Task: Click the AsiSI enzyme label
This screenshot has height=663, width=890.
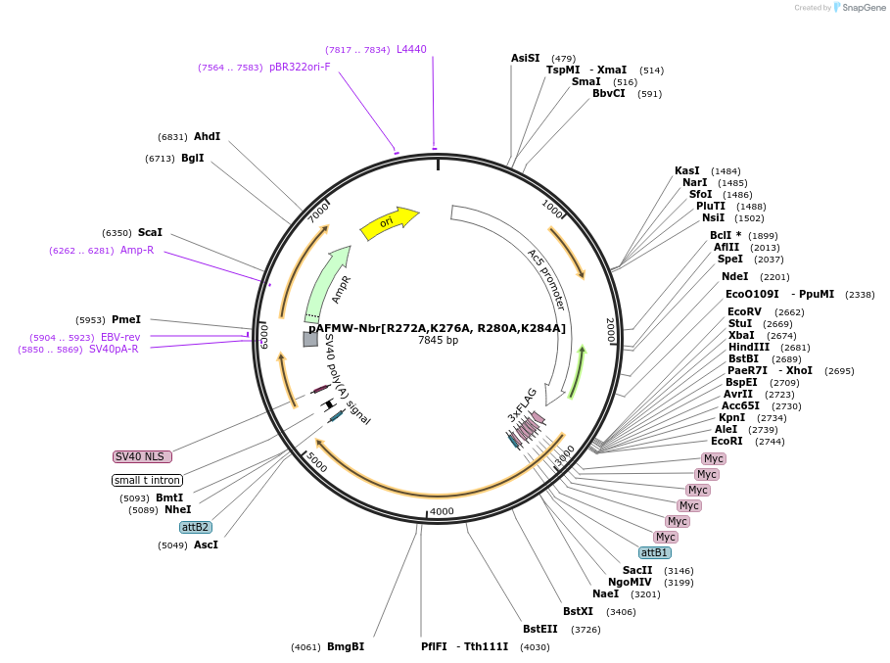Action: (x=525, y=58)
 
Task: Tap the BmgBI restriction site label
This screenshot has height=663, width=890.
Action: (x=346, y=646)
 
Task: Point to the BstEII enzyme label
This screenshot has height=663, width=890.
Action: (x=540, y=629)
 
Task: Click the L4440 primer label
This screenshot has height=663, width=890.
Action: (x=411, y=49)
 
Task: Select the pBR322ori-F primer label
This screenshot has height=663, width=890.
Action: (x=300, y=67)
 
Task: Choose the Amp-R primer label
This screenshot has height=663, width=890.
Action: (x=137, y=250)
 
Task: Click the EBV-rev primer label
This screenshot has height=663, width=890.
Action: (x=120, y=337)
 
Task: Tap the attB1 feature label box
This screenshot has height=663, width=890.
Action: (x=654, y=552)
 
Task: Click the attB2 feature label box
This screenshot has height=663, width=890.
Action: (x=196, y=527)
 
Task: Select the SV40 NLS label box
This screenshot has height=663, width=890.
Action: (x=142, y=456)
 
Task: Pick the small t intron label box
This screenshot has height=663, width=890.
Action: (x=147, y=480)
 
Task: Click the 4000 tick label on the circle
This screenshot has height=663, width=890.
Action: (x=443, y=511)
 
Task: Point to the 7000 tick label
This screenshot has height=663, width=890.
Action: (x=320, y=212)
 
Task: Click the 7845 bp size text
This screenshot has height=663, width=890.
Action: (x=438, y=340)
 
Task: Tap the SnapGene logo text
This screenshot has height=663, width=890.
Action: (x=863, y=7)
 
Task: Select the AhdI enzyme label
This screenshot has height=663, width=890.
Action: (x=207, y=136)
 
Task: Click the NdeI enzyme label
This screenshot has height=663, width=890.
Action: (x=734, y=276)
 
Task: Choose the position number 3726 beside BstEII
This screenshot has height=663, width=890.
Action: (x=586, y=629)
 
